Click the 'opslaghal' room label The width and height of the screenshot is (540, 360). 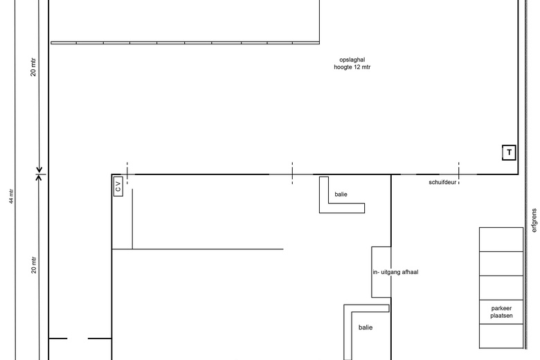click(352, 60)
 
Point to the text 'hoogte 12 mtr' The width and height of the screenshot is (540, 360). click(352, 67)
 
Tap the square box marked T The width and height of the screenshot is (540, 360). click(509, 152)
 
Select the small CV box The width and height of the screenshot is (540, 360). click(118, 187)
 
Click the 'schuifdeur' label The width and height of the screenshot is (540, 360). click(442, 182)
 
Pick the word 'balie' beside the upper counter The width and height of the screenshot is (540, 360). click(341, 195)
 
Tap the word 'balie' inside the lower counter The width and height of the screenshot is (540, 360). click(366, 327)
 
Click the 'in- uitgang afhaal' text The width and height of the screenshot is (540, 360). click(395, 272)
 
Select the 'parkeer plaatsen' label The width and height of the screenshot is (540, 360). click(501, 312)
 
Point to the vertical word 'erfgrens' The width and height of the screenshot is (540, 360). click(534, 220)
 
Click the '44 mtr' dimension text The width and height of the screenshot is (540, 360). click(11, 197)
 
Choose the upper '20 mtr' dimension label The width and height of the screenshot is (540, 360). click(33, 67)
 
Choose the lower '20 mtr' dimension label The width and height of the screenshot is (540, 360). click(34, 265)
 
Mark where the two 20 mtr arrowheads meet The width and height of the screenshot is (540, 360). click(39, 174)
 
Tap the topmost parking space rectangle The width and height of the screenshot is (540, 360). click(501, 240)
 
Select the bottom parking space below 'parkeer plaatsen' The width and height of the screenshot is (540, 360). click(501, 336)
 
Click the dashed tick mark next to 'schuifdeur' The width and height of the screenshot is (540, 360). click(459, 173)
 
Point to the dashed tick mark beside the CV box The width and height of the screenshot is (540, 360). click(127, 173)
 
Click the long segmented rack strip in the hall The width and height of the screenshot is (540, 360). click(186, 43)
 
